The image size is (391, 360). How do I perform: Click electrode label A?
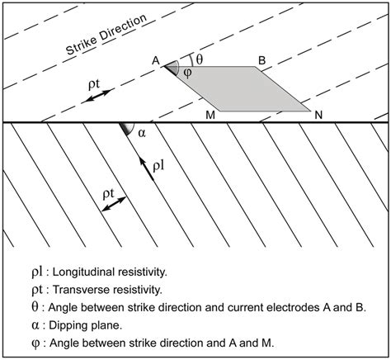[154, 60]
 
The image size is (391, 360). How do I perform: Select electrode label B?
[261, 59]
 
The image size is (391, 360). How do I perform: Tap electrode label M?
[211, 116]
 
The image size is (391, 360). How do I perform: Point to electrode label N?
[318, 116]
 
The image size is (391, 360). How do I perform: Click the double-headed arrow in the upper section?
[97, 96]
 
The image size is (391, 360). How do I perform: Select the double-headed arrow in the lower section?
[115, 206]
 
